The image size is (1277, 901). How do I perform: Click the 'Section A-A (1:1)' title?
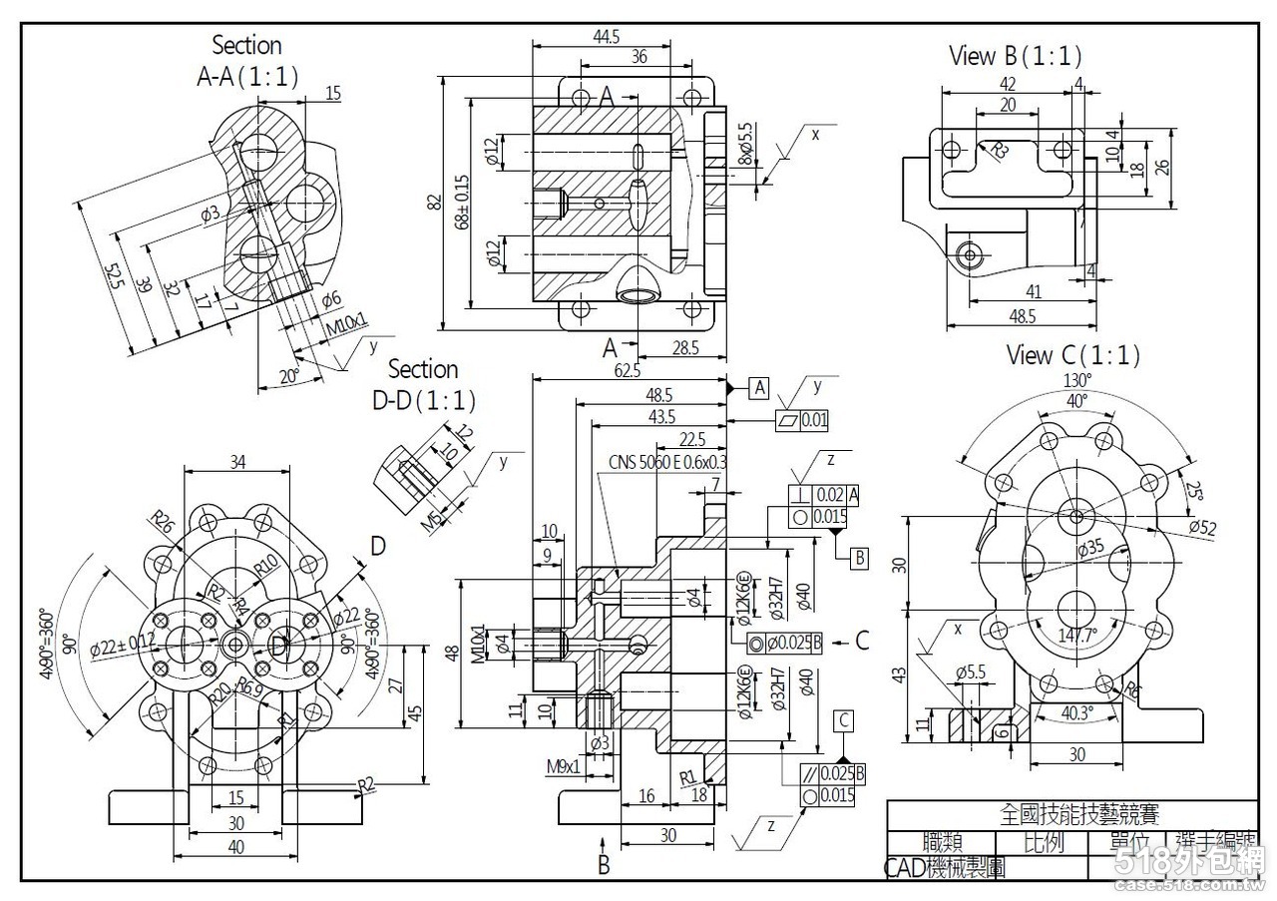246,60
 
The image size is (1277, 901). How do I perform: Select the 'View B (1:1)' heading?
1015,56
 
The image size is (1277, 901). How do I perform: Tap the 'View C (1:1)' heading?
1072,354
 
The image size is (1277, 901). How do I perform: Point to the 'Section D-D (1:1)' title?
423,384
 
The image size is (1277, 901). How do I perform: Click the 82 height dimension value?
434,202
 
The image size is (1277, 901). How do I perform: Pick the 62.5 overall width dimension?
628,371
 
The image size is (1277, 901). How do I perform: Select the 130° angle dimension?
1076,380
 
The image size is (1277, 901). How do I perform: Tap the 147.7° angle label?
1076,635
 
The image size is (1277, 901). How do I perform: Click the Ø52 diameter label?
1202,528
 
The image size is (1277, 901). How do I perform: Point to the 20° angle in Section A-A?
288,376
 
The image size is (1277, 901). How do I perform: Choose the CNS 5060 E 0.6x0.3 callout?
667,462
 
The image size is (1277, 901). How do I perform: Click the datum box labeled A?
760,387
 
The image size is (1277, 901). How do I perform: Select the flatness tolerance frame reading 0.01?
802,420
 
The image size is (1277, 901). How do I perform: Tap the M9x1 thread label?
563,766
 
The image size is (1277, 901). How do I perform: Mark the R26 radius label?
163,522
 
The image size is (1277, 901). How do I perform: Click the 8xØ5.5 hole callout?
744,146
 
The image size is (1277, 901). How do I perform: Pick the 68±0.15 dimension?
461,203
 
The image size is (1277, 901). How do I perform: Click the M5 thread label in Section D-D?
431,519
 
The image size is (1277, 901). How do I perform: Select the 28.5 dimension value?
685,348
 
